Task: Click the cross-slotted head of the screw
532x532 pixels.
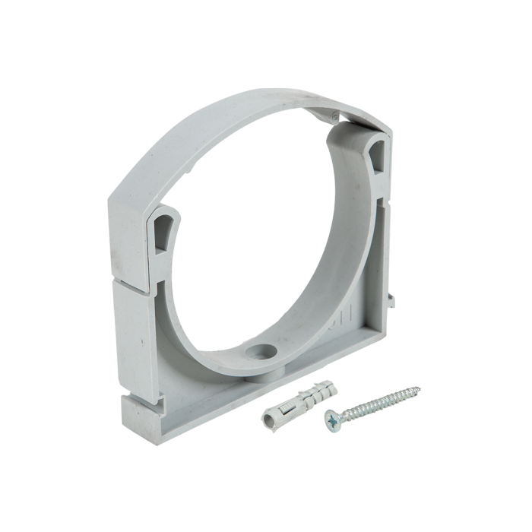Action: [x=332, y=417]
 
